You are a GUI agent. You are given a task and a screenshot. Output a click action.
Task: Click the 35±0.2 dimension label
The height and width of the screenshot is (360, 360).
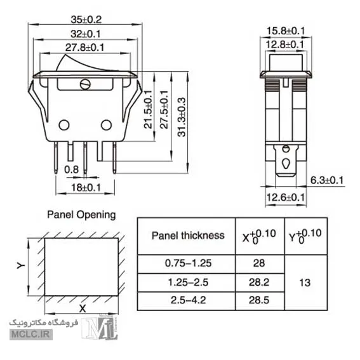pyautogui.click(x=86, y=20)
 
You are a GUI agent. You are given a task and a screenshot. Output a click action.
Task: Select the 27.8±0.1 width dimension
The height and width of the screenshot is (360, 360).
pyautogui.click(x=84, y=48)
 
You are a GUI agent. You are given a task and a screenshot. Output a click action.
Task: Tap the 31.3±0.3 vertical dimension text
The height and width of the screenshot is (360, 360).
pyautogui.click(x=182, y=117)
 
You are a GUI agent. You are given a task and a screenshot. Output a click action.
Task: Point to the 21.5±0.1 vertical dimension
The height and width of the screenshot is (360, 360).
pyautogui.click(x=148, y=109)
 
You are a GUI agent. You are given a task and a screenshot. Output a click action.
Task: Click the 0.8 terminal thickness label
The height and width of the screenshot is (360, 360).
pyautogui.click(x=71, y=170)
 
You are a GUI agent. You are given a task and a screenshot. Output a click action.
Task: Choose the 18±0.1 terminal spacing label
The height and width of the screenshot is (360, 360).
pyautogui.click(x=86, y=187)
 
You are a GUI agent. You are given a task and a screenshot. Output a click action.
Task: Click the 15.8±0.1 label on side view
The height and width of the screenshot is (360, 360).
pyautogui.click(x=285, y=30)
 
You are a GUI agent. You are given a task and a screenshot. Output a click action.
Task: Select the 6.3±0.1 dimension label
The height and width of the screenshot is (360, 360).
pyautogui.click(x=327, y=180)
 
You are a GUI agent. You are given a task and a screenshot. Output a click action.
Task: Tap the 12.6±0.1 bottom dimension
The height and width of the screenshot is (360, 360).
pyautogui.click(x=285, y=197)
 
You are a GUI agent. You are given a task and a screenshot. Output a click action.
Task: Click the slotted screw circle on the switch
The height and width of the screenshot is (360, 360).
pyautogui.click(x=85, y=84)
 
